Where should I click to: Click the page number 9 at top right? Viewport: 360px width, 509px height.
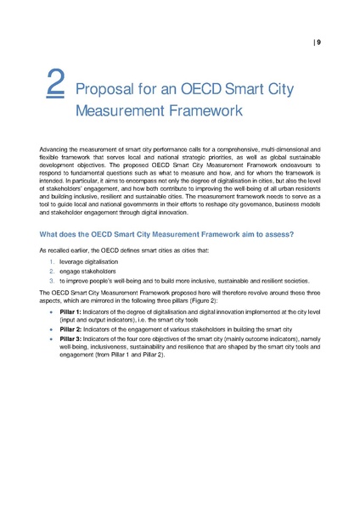click(x=318, y=42)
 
